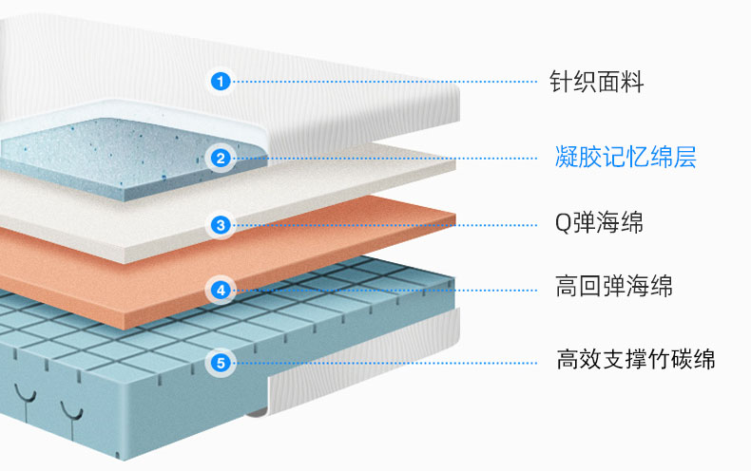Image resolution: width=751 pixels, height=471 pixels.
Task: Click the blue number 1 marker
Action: pyautogui.click(x=221, y=82)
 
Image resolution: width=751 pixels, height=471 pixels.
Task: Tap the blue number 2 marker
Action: pyautogui.click(x=221, y=158)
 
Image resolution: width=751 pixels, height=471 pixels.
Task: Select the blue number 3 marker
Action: pyautogui.click(x=221, y=225)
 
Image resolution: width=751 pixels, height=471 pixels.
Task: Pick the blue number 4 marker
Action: pyautogui.click(x=221, y=290)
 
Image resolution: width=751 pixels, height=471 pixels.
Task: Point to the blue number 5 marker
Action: pyautogui.click(x=221, y=363)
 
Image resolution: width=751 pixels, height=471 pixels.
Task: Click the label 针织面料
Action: pyautogui.click(x=596, y=82)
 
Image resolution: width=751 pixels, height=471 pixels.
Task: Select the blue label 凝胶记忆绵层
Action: pyautogui.click(x=626, y=157)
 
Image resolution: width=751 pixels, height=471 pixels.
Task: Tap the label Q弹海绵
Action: pyautogui.click(x=599, y=223)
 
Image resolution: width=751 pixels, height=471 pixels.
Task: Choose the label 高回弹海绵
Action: pyautogui.click(x=613, y=286)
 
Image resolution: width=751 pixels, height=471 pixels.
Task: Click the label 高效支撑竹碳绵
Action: pyautogui.click(x=636, y=359)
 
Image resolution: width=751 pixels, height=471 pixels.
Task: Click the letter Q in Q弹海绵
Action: pyautogui.click(x=562, y=223)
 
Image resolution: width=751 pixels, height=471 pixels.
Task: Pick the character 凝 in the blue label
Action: pyautogui.click(x=567, y=157)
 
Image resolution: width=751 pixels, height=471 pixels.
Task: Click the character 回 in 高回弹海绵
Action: pyautogui.click(x=590, y=286)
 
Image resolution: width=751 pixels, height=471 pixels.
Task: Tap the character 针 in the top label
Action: pyautogui.click(x=561, y=82)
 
